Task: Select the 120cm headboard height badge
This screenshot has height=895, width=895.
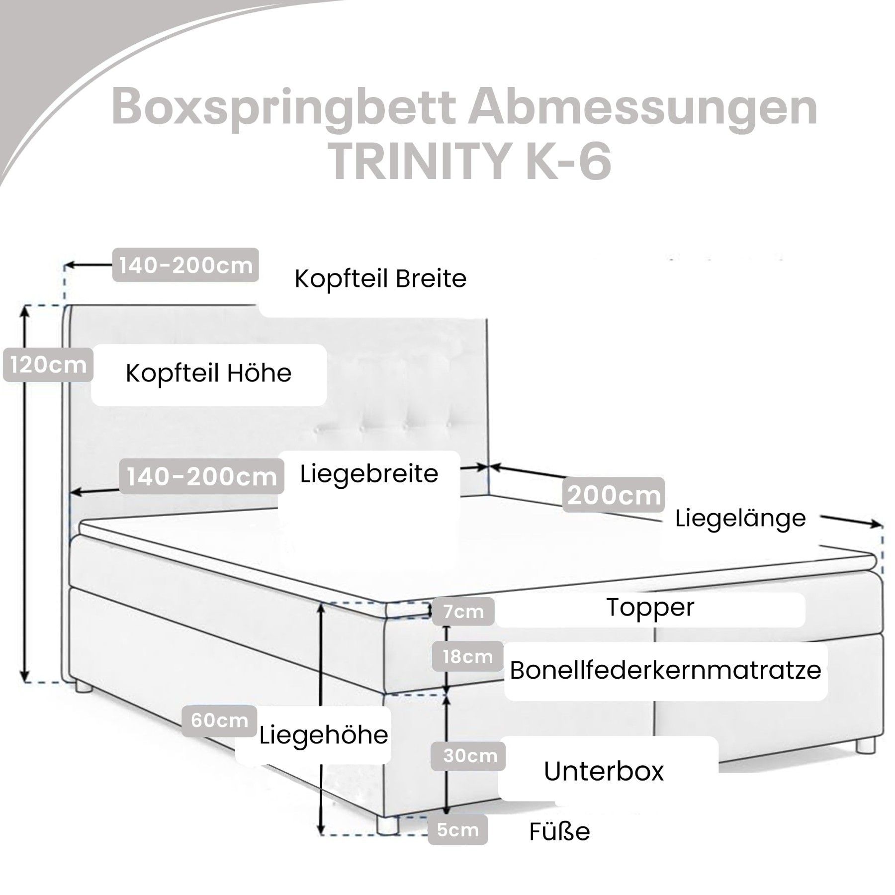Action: click(x=48, y=365)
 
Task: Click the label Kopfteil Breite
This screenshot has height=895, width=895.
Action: click(x=381, y=279)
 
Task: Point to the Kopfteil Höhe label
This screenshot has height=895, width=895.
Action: click(x=208, y=373)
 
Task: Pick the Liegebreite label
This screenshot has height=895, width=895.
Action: click(x=369, y=474)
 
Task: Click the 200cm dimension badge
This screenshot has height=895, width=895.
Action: click(x=614, y=495)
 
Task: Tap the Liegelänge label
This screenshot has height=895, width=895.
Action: click(x=740, y=519)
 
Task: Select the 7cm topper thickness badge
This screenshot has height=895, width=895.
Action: click(x=463, y=612)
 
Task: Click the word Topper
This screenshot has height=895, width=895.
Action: click(x=650, y=608)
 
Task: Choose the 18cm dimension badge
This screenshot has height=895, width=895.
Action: click(x=467, y=657)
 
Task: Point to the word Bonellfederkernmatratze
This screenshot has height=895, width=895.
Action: click(x=665, y=670)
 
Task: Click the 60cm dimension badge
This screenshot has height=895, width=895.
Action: click(x=219, y=720)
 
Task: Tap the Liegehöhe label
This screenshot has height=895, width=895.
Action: click(x=324, y=735)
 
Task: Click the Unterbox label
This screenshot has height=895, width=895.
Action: click(x=604, y=771)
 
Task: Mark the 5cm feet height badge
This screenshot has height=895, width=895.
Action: click(x=457, y=830)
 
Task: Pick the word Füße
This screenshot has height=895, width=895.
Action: click(x=559, y=831)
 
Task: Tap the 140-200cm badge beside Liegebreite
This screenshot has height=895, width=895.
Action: click(x=201, y=476)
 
